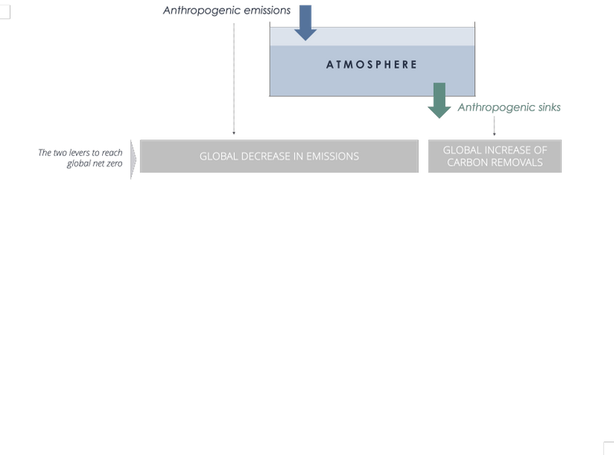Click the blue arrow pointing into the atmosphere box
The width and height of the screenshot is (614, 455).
305,22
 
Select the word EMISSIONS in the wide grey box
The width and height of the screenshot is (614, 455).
332,157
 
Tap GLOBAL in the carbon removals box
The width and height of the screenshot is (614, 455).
461,150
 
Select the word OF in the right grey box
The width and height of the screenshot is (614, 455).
540,150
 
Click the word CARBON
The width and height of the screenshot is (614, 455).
471,163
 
